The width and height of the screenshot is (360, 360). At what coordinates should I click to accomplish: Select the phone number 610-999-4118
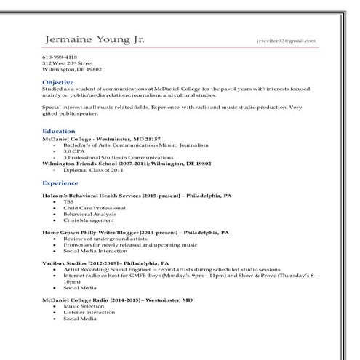pyautogui.click(x=59, y=57)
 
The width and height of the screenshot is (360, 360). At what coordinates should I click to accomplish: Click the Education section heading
pyautogui.click(x=60, y=130)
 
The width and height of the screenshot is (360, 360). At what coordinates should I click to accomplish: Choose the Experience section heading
pyautogui.click(x=61, y=183)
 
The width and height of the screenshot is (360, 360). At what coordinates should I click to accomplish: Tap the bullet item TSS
pyautogui.click(x=68, y=201)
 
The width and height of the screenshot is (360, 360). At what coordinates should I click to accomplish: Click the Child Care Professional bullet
pyautogui.click(x=89, y=208)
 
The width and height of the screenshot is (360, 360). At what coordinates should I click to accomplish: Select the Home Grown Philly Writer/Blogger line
pyautogui.click(x=136, y=232)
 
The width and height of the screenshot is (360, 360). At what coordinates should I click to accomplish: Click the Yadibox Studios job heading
pyautogui.click(x=105, y=263)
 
